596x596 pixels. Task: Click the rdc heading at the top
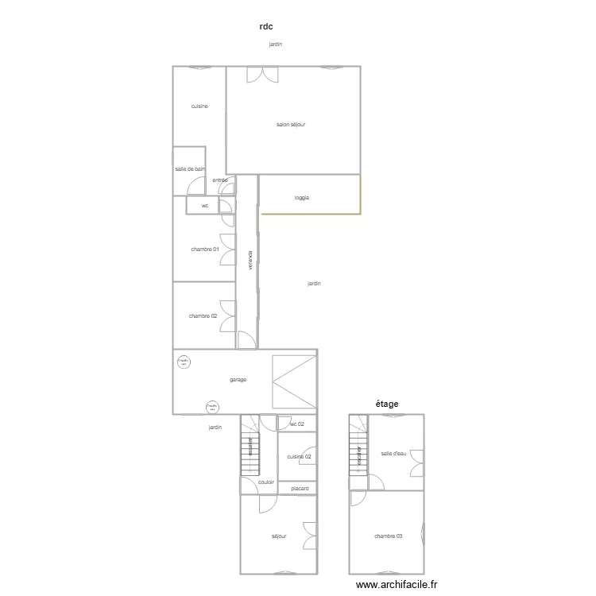(x=266, y=26)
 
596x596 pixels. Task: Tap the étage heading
(x=387, y=404)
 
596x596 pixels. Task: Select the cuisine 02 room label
(x=299, y=456)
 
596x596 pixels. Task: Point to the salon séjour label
(x=291, y=125)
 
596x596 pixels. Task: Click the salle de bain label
(x=190, y=168)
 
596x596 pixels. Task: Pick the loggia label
(x=301, y=197)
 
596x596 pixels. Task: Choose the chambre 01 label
(x=203, y=250)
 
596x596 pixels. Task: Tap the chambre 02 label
(x=203, y=316)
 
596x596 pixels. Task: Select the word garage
(x=238, y=380)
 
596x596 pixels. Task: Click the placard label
(x=300, y=488)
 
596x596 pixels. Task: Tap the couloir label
(x=266, y=482)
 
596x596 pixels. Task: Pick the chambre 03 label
(x=388, y=536)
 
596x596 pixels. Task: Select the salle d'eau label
(x=393, y=454)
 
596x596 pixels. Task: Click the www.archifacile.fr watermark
(x=397, y=584)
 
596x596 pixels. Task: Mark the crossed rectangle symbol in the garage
(x=294, y=381)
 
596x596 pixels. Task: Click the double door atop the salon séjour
(x=262, y=74)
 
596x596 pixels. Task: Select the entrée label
(x=220, y=180)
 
